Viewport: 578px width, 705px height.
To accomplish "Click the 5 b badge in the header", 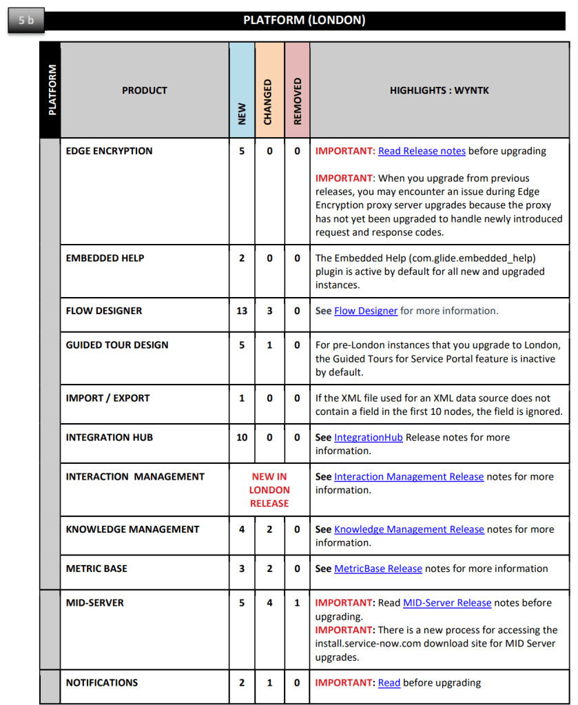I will tap(26, 20).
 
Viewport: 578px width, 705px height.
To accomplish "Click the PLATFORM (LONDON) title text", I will tap(304, 20).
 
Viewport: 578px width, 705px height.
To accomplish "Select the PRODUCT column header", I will tap(145, 90).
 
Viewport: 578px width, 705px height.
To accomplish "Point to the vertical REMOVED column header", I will tap(298, 101).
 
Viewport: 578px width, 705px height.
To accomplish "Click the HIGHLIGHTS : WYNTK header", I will tap(439, 90).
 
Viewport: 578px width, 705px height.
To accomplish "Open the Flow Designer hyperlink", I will tap(366, 311).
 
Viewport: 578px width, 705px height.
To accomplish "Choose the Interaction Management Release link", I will tap(409, 476).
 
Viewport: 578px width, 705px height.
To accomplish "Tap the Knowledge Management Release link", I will tap(409, 529).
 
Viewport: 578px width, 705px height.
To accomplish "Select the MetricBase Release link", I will tap(378, 569).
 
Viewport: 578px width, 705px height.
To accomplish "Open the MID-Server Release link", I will tap(446, 602).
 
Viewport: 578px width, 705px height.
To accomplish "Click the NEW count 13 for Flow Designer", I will tap(242, 311).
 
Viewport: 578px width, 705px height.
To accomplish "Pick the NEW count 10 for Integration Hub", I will tap(242, 437).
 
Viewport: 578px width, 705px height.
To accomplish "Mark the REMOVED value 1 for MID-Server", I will tap(297, 602).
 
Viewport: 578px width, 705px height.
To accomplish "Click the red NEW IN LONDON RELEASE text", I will tap(269, 490).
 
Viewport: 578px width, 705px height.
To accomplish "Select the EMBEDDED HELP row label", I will tap(105, 258).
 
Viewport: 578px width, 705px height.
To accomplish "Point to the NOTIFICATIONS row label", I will tap(102, 682).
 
